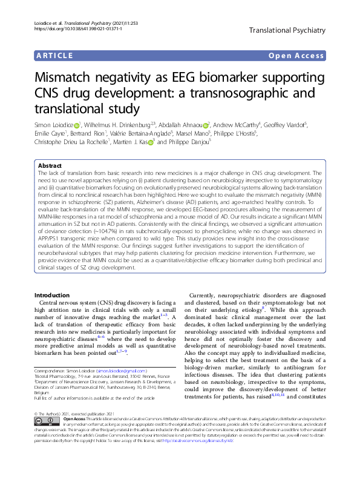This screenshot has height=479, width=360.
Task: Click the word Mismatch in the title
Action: [x=70, y=79]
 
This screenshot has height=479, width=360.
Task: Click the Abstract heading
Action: [x=50, y=165]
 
